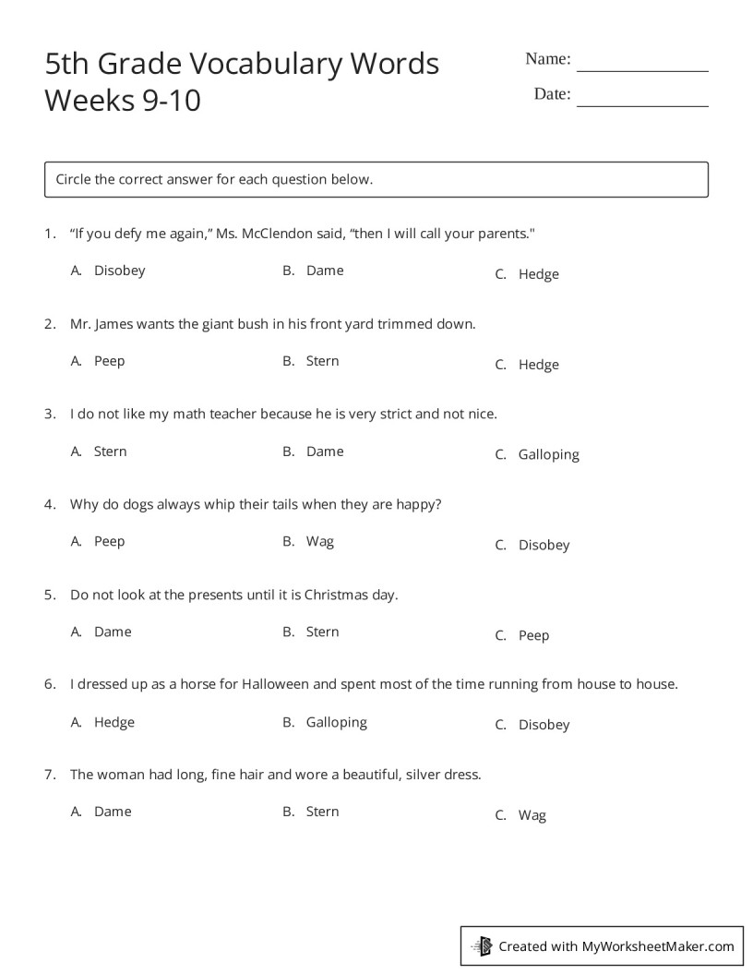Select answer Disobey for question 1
pos(119,271)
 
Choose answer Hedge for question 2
pos(538,365)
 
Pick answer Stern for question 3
pos(110,451)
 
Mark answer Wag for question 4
pos(319,541)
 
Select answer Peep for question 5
pos(533,635)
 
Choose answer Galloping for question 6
pos(336,722)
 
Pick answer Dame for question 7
pos(113,812)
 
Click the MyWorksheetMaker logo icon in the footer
pos(482,945)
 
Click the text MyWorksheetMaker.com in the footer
pos(657,945)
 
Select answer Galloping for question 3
pos(548,454)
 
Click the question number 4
pos(49,504)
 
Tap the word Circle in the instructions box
pos(75,179)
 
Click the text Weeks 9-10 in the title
pos(122,100)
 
